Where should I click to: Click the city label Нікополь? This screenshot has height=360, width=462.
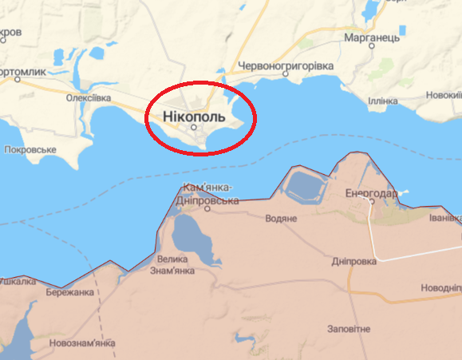[x=193, y=117]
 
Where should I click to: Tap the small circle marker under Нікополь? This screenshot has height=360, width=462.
[x=193, y=127]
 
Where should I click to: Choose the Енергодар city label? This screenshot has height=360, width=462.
[x=371, y=192]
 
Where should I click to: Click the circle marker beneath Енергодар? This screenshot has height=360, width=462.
[x=370, y=202]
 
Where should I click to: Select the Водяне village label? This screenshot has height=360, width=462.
[x=282, y=218]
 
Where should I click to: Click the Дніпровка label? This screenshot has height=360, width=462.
[x=354, y=261]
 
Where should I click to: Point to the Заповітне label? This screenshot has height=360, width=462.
[x=349, y=329]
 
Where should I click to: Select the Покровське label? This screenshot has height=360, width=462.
[x=30, y=149]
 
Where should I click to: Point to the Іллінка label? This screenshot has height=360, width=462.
[x=384, y=101]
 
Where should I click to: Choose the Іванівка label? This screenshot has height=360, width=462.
[x=444, y=218]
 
